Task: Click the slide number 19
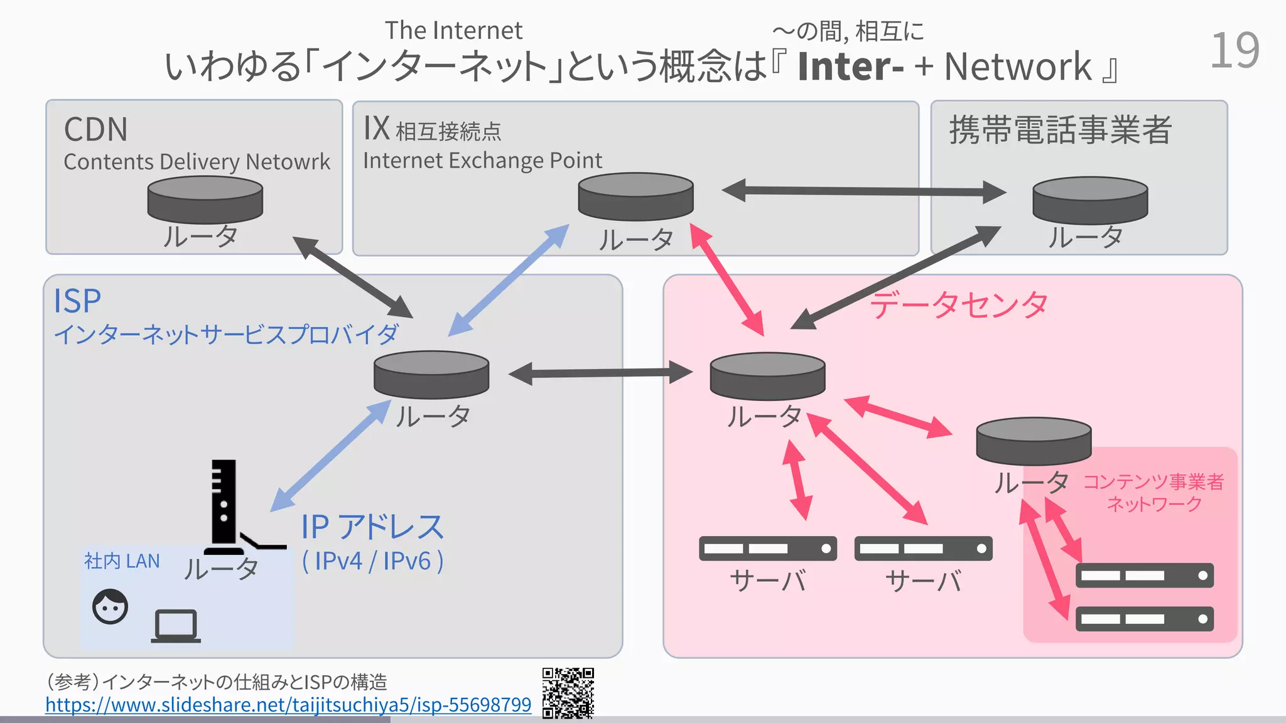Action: pos(1234,51)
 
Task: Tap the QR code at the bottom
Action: pos(568,693)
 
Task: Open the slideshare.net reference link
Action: pos(288,705)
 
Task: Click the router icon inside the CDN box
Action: pos(205,200)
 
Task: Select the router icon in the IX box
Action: pos(635,196)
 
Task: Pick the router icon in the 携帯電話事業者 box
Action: pos(1090,200)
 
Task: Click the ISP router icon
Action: pos(431,374)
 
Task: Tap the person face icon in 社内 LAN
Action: pos(110,606)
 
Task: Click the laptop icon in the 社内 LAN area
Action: pos(176,626)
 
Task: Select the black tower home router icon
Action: pos(224,505)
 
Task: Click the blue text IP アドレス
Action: pos(372,527)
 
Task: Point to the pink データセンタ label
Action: pos(959,306)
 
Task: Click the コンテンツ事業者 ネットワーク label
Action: pos(1154,493)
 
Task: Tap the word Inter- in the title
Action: pos(850,67)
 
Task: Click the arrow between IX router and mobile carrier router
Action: pos(863,191)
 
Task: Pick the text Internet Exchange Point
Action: pos(482,161)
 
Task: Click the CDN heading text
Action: pos(96,130)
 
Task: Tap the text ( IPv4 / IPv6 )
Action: pos(372,561)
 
